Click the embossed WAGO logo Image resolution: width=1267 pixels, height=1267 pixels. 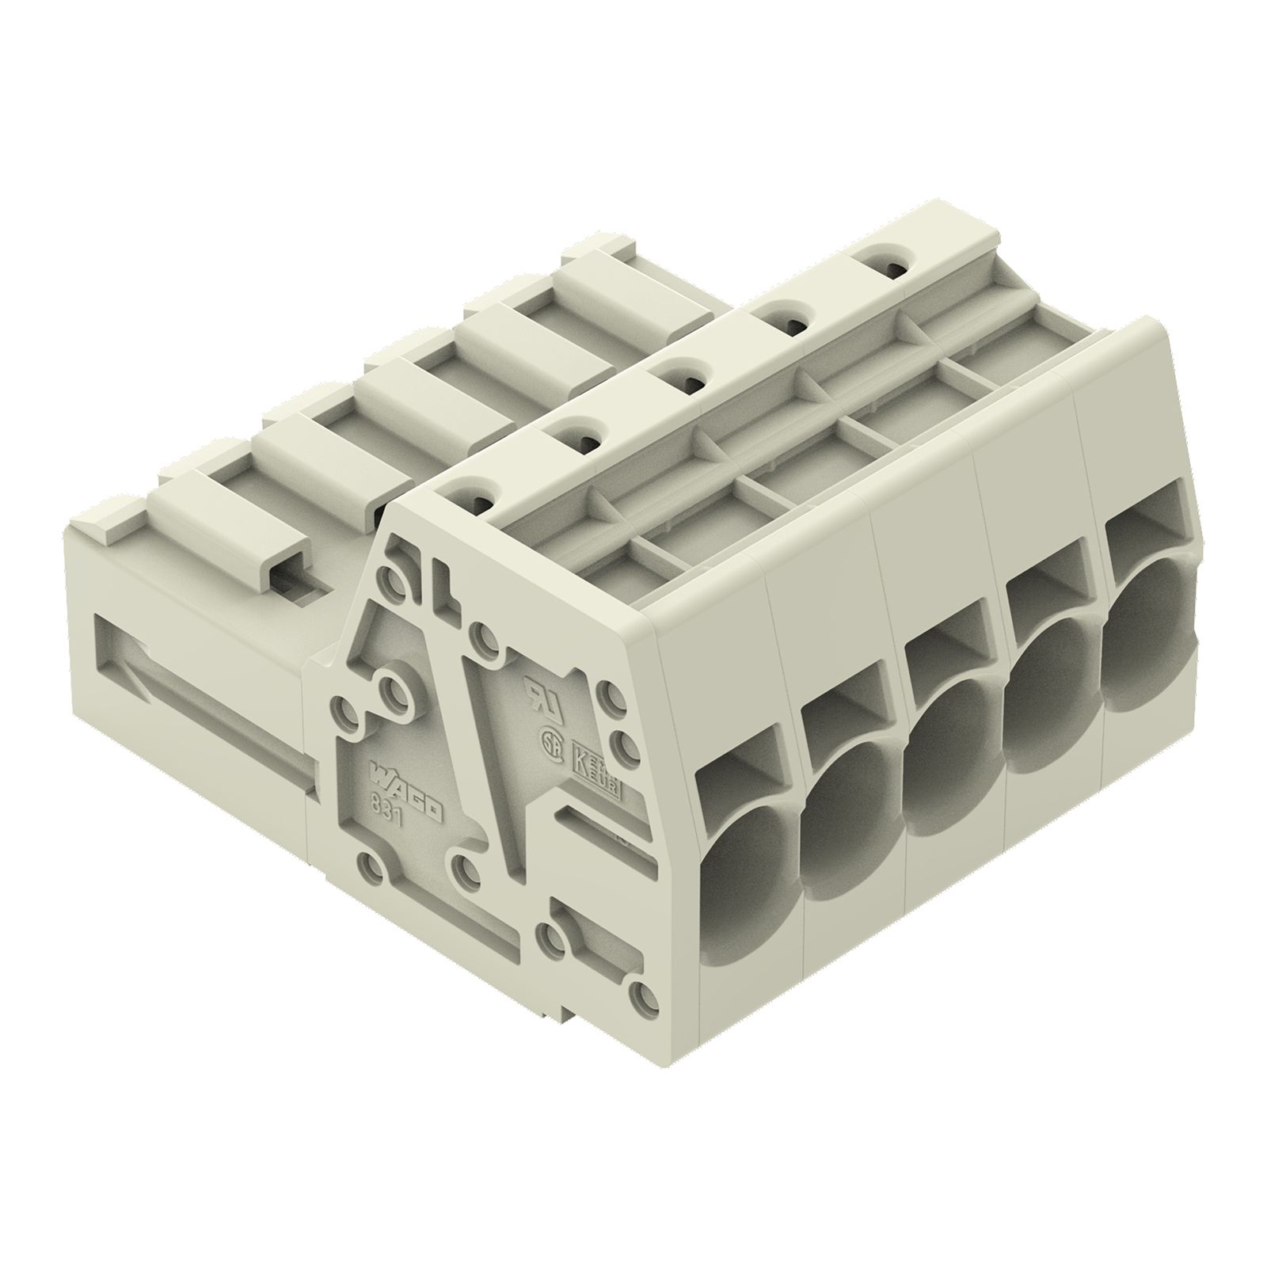(408, 791)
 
